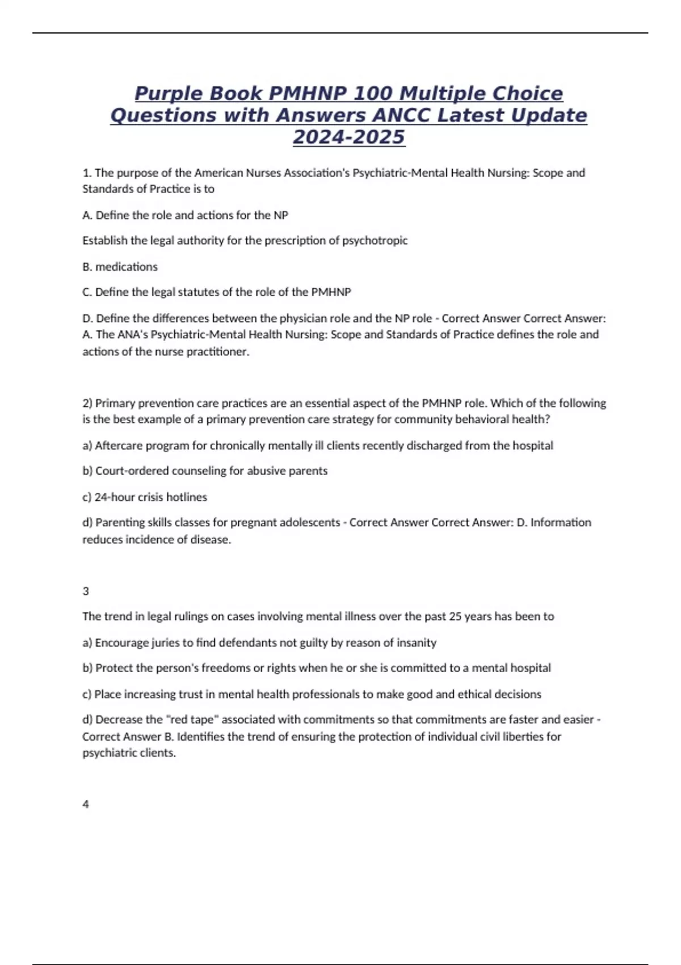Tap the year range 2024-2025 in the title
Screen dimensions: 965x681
[348, 137]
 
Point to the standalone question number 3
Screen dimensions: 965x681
[86, 591]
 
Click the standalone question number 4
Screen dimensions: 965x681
[86, 804]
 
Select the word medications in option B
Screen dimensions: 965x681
[127, 267]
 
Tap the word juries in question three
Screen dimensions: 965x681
[166, 643]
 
